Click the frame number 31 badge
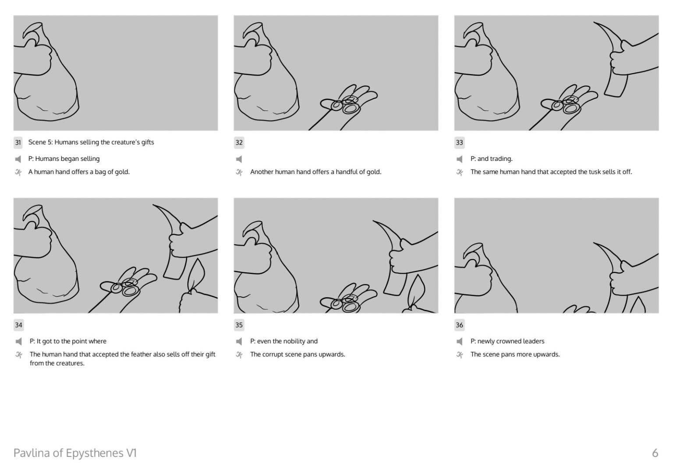(18, 142)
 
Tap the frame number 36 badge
(459, 325)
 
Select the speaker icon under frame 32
(239, 159)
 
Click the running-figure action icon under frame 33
(459, 172)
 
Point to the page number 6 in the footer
(655, 453)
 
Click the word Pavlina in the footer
(32, 453)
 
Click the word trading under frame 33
(501, 159)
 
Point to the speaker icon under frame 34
(18, 342)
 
